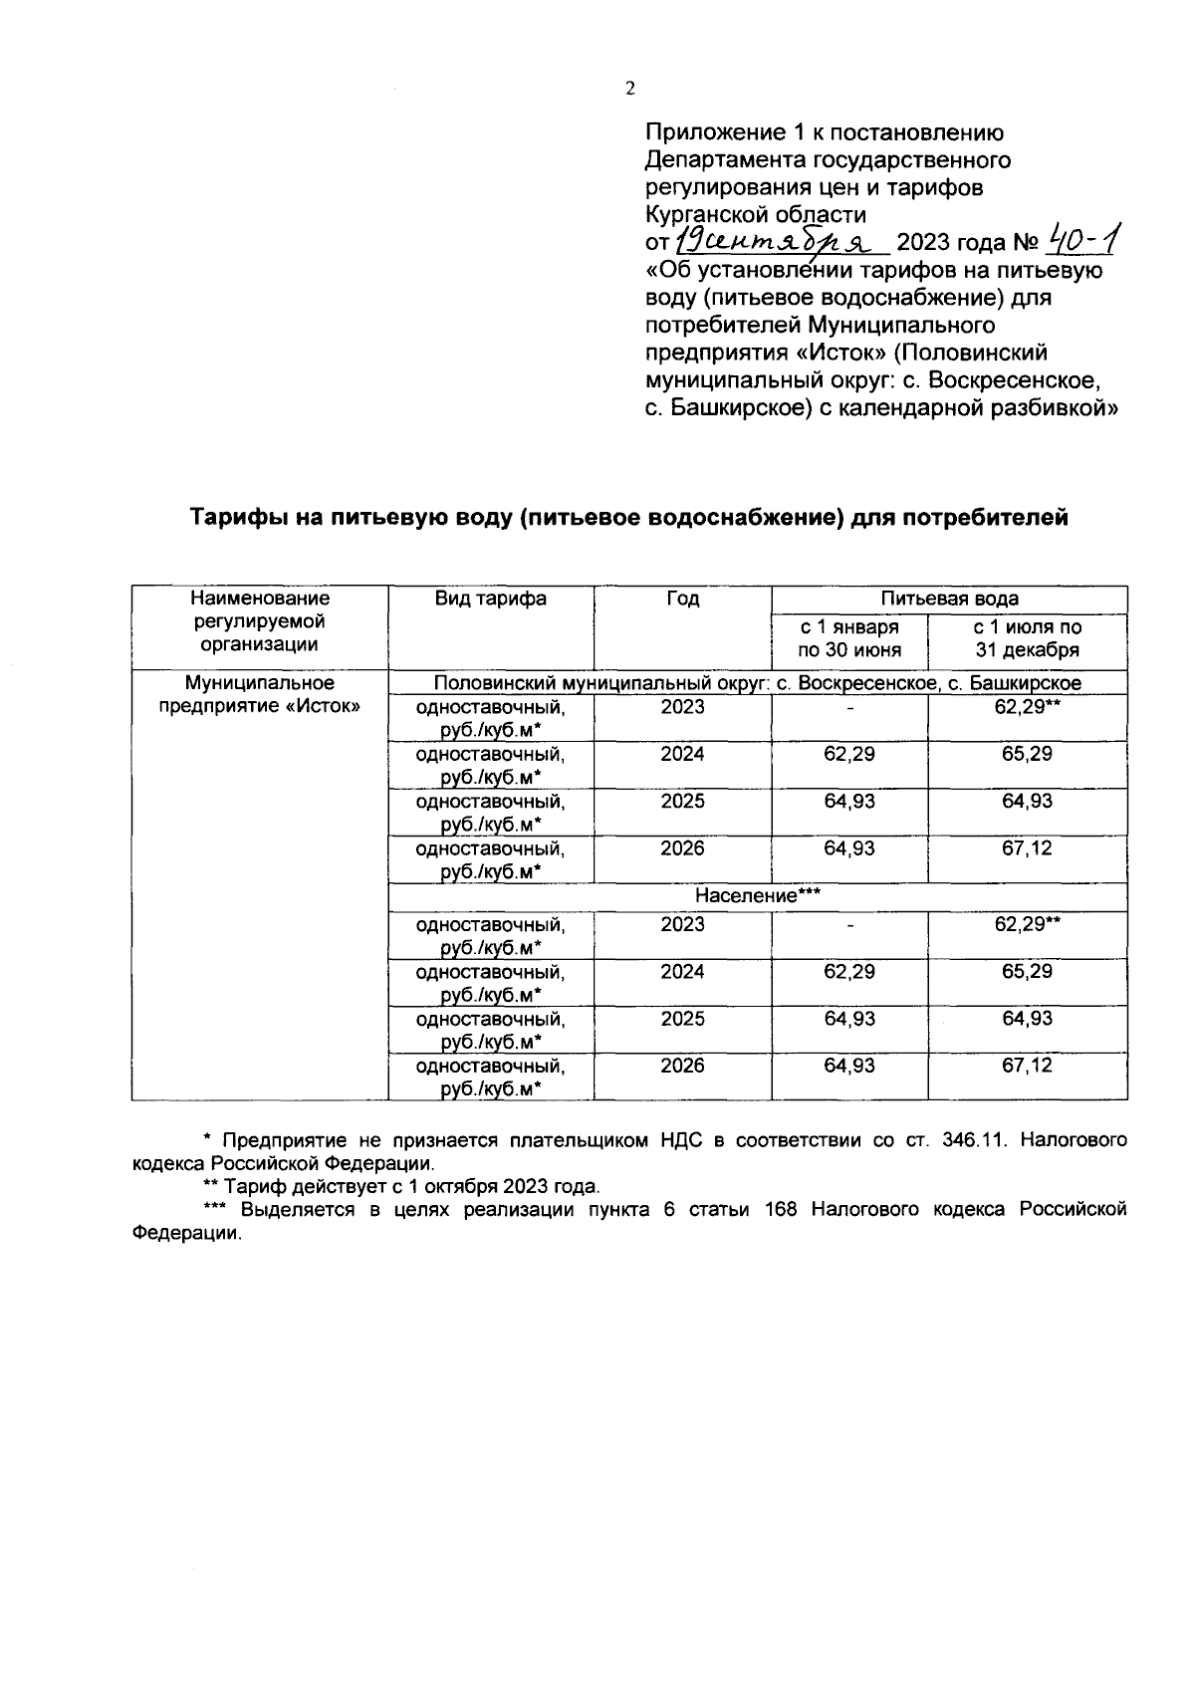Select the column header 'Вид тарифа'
click(x=490, y=599)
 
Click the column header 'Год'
click(x=682, y=599)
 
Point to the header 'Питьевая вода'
click(x=949, y=599)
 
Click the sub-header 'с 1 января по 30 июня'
click(x=849, y=639)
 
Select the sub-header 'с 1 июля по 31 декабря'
click(x=1027, y=639)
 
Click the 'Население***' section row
click(x=757, y=896)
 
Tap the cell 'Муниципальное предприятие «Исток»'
click(x=259, y=695)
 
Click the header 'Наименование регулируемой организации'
click(x=259, y=620)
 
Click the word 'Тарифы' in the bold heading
click(x=236, y=518)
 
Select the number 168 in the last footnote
click(x=781, y=1209)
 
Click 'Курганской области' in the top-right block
click(x=755, y=214)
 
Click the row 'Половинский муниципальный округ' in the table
click(x=757, y=682)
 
